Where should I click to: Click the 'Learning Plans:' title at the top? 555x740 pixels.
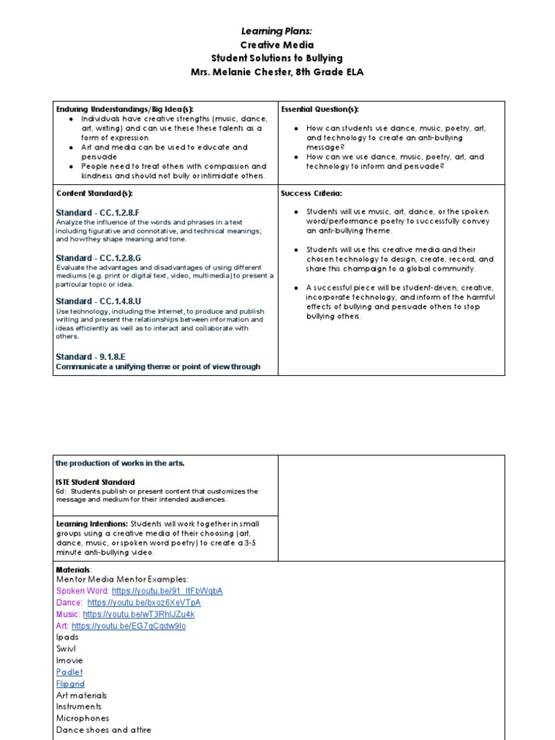[x=277, y=31]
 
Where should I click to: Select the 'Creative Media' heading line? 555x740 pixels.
[x=277, y=44]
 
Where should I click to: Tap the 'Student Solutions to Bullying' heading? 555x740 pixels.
[x=277, y=58]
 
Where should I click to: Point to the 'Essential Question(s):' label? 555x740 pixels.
[x=319, y=109]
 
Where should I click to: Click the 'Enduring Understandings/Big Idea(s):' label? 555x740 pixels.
[x=125, y=109]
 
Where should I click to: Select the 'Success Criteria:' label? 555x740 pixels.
[x=311, y=194]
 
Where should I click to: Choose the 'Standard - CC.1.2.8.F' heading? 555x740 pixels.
[x=98, y=212]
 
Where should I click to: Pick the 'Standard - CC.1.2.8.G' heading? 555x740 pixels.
[x=98, y=258]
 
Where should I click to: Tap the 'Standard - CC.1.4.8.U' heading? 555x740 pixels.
[x=98, y=301]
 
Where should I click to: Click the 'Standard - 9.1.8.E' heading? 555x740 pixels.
[x=91, y=356]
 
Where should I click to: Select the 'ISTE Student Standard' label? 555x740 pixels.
[x=95, y=482]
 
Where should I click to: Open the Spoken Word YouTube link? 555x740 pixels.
[x=167, y=590]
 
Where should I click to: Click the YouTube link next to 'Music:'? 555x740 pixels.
[x=139, y=614]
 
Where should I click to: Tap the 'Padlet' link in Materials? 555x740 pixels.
[x=69, y=672]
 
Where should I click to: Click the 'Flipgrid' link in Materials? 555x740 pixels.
[x=70, y=684]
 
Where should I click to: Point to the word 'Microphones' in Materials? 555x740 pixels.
[x=83, y=718]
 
